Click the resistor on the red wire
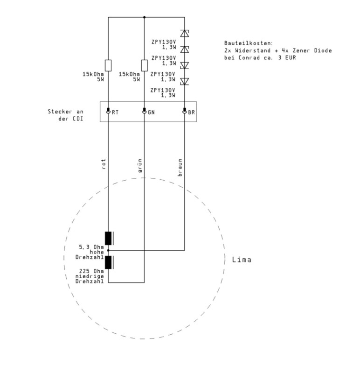[x=108, y=65]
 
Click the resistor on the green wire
[x=144, y=65]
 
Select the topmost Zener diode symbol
[x=184, y=34]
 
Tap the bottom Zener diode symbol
[x=184, y=82]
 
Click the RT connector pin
[x=108, y=111]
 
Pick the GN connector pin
[x=144, y=111]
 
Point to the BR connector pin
[x=184, y=111]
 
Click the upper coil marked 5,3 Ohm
[x=109, y=238]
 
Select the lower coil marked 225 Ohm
[x=109, y=262]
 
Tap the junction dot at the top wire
[x=144, y=17]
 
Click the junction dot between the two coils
[x=108, y=251]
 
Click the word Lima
[x=242, y=259]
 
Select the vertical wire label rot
[x=104, y=164]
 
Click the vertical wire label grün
[x=139, y=165]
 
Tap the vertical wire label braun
[x=180, y=168]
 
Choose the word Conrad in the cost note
[x=249, y=58]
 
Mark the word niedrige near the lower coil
[x=90, y=276]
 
